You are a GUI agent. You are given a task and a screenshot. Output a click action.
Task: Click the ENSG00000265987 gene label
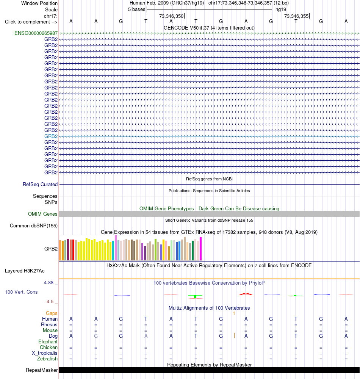[36, 33]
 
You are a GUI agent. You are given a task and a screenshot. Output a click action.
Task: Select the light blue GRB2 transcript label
[51, 136]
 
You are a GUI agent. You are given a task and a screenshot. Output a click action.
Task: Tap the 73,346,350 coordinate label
[171, 16]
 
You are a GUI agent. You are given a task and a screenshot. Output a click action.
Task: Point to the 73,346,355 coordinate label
[296, 16]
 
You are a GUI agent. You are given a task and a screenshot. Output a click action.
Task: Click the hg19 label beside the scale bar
[281, 9]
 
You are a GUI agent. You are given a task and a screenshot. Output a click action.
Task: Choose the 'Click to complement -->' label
[31, 22]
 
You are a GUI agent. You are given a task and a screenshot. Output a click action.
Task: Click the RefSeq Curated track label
[40, 185]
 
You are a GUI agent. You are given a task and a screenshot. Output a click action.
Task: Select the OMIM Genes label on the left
[43, 214]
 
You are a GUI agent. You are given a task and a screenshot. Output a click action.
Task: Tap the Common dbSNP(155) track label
[34, 226]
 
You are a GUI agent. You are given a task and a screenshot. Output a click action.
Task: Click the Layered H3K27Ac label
[25, 271]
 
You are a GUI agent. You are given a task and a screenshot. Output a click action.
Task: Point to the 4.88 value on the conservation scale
[49, 283]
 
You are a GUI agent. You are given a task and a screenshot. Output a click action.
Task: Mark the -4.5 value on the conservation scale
[49, 302]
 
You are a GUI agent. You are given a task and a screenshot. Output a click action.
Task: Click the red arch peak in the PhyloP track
[246, 294]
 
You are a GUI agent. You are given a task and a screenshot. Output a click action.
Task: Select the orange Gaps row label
[52, 313]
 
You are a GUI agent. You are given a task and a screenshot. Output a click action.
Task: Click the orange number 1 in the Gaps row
[234, 313]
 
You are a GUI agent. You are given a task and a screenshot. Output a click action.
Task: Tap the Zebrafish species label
[47, 359]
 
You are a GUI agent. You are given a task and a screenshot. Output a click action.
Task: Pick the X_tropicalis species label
[45, 353]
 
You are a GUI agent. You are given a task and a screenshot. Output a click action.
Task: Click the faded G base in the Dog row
[96, 336]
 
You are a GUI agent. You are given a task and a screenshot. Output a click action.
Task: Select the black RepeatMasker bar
[209, 370]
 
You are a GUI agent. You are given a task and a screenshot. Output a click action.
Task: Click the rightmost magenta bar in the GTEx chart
[200, 249]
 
